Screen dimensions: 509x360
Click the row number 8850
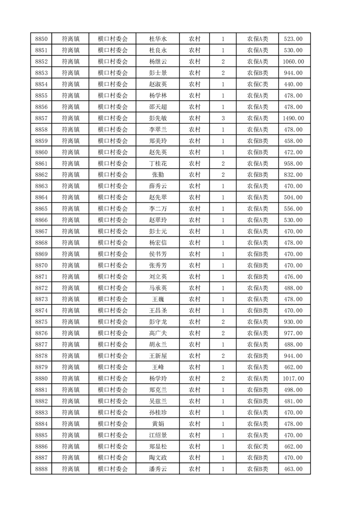point(41,39)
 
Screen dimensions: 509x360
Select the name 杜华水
point(158,39)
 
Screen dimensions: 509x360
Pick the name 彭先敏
point(158,118)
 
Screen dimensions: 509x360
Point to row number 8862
point(41,175)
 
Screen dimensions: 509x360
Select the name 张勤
point(158,175)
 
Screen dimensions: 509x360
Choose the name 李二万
point(158,209)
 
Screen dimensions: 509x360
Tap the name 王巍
point(158,299)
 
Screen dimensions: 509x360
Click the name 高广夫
point(158,333)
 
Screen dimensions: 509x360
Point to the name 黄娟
point(158,424)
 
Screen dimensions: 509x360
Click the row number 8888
point(41,469)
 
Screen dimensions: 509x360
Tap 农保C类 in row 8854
point(257,84)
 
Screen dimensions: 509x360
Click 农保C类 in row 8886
point(257,446)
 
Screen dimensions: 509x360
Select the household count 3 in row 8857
point(223,118)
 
